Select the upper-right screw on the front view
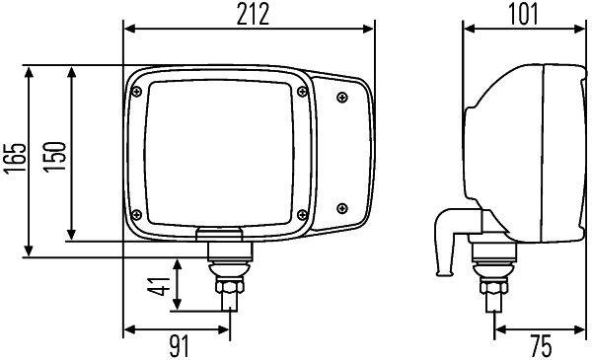(341, 96)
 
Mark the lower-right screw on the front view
(341, 207)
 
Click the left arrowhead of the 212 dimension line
(125, 29)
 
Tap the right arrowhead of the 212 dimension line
(374, 29)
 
